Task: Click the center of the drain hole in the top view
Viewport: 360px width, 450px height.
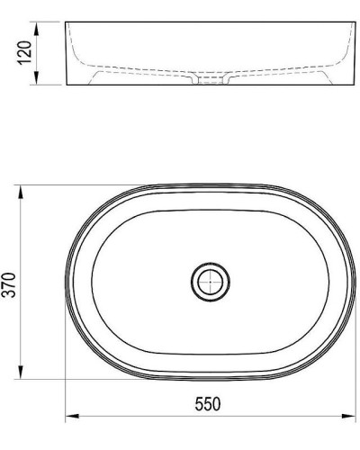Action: pyautogui.click(x=210, y=282)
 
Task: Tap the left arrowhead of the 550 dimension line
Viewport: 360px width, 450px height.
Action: pyautogui.click(x=72, y=417)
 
